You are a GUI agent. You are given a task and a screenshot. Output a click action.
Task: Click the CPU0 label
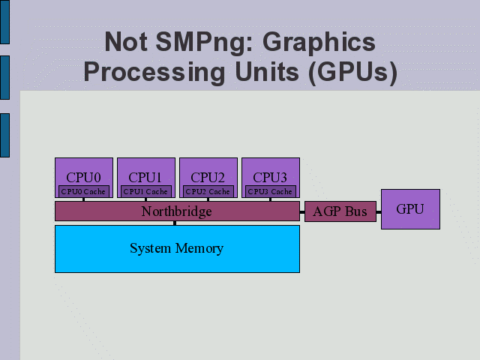[x=83, y=178]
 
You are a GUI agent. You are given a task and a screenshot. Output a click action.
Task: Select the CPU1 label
[x=145, y=178]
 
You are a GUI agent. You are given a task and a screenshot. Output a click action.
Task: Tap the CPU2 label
[x=208, y=178]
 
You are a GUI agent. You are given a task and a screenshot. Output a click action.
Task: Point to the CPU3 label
[x=270, y=178]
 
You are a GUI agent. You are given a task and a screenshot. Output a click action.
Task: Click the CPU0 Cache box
[x=83, y=191]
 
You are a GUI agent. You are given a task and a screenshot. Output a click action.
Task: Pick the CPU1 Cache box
[x=145, y=191]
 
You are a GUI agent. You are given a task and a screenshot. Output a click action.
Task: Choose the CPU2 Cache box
[x=208, y=191]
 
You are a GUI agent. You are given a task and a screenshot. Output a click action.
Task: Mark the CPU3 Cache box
[x=270, y=191]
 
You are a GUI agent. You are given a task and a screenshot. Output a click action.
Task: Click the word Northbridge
[x=176, y=211]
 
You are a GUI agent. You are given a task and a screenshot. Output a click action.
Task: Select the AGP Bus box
[x=340, y=211]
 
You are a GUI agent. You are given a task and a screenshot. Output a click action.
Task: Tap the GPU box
[x=410, y=208]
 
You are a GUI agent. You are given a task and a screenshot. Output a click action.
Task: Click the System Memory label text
[x=176, y=248]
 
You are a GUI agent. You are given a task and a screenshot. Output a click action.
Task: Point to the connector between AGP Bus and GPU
[x=379, y=211]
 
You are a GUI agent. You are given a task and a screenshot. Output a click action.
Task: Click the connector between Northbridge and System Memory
[x=175, y=223]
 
